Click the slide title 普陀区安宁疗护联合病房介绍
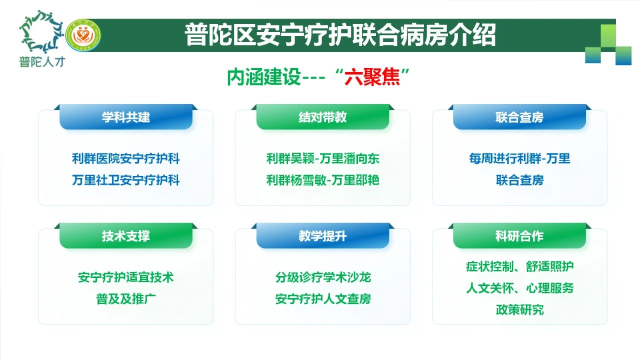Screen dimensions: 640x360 tap(340, 35)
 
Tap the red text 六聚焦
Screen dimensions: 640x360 tap(372, 77)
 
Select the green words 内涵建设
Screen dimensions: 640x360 tap(263, 77)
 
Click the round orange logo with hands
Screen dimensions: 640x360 tap(83, 35)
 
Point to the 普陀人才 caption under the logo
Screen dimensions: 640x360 tap(42, 61)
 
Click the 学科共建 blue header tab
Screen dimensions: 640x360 tap(125, 117)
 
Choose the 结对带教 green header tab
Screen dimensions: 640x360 tap(322, 117)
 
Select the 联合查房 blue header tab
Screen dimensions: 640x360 tap(519, 117)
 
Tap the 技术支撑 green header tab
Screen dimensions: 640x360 tap(125, 235)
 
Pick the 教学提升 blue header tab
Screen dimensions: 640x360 tap(322, 235)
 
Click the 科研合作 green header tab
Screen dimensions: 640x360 tap(519, 235)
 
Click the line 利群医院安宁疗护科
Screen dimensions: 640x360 tap(125, 158)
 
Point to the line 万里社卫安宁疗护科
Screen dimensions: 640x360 tap(125, 180)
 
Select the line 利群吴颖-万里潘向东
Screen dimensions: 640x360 tap(322, 158)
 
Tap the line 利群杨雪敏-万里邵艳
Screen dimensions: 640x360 tap(322, 180)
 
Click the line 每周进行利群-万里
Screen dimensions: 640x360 tap(519, 158)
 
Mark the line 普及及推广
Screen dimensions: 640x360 tap(125, 299)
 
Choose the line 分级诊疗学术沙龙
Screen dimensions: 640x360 tap(323, 277)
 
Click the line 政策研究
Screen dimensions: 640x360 tap(519, 309)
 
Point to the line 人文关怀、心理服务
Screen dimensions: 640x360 tap(519, 288)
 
